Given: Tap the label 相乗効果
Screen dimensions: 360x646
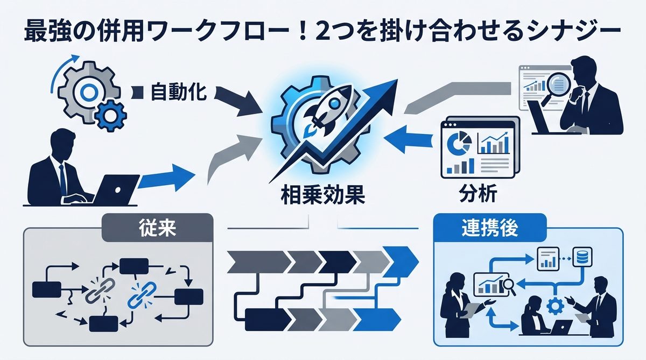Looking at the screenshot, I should click(322, 195).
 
